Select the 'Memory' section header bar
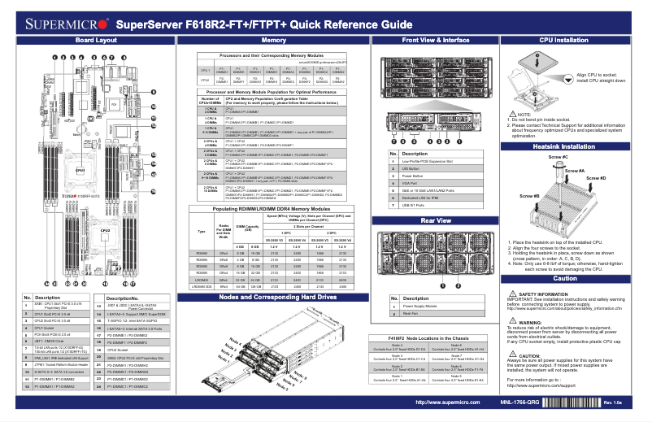tap(274, 40)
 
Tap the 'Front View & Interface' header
tap(435, 40)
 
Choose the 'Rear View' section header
tap(435, 220)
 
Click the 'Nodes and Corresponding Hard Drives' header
tap(274, 297)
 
